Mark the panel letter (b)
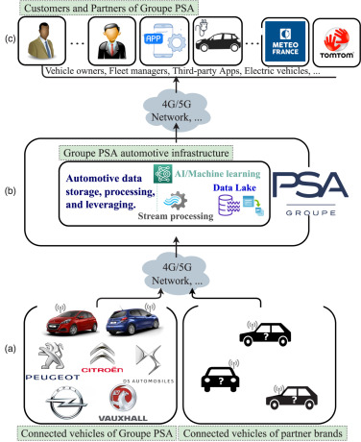[x=11, y=193]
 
